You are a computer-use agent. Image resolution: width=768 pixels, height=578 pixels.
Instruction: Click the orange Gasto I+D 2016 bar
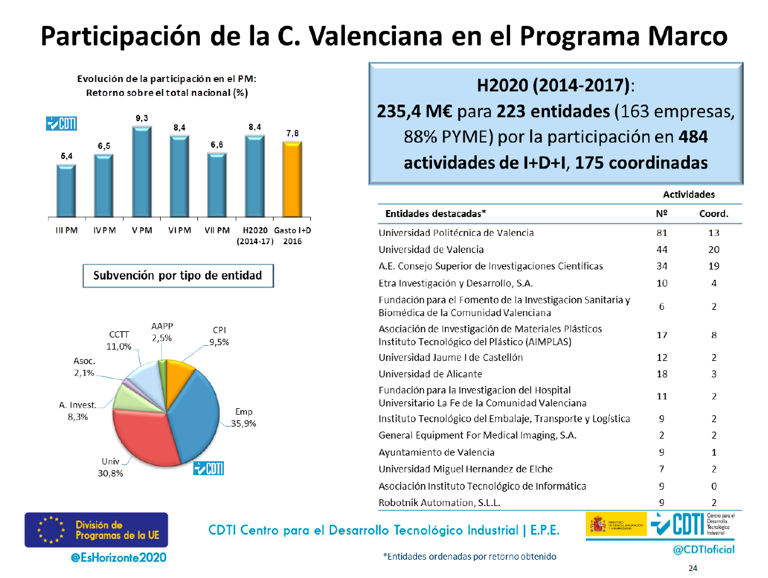pos(292,180)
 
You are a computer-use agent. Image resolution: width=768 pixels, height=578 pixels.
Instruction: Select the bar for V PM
pos(141,172)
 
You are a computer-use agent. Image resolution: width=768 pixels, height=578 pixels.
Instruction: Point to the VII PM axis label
pos(217,230)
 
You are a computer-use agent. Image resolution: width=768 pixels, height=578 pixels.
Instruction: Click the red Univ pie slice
pos(151,438)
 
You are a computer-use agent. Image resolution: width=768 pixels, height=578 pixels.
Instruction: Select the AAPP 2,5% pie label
pos(162,332)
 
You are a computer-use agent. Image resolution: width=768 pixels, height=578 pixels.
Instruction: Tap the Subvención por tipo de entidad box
pos(177,276)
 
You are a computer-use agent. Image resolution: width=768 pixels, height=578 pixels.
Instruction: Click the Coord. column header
pos(714,213)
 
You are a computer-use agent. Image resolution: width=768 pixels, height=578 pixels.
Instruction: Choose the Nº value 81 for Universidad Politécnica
pos(662,232)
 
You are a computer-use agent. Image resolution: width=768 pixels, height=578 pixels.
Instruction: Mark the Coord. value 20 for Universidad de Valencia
pos(714,249)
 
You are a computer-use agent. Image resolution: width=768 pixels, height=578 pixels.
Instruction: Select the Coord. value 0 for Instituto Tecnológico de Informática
pos(714,486)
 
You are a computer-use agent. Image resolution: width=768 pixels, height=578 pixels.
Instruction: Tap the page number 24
pos(693,569)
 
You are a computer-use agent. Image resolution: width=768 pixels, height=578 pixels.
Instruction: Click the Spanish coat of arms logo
pos(596,524)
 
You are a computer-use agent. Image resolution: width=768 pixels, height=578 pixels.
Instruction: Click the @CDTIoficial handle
pos(704,549)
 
